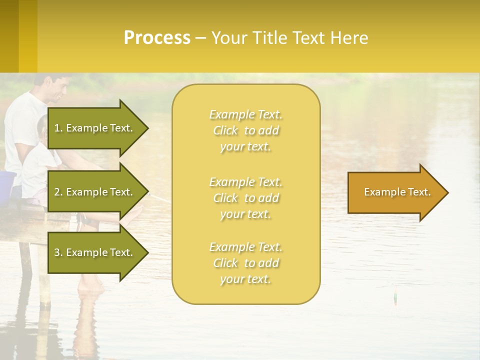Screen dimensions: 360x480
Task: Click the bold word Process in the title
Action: (157, 38)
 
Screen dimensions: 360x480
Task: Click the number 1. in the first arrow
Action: (58, 128)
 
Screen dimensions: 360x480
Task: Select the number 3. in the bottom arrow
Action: (58, 252)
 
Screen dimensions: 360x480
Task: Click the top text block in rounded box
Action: (245, 130)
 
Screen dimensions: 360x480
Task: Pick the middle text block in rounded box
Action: (245, 198)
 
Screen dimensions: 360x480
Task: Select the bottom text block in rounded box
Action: (245, 263)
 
